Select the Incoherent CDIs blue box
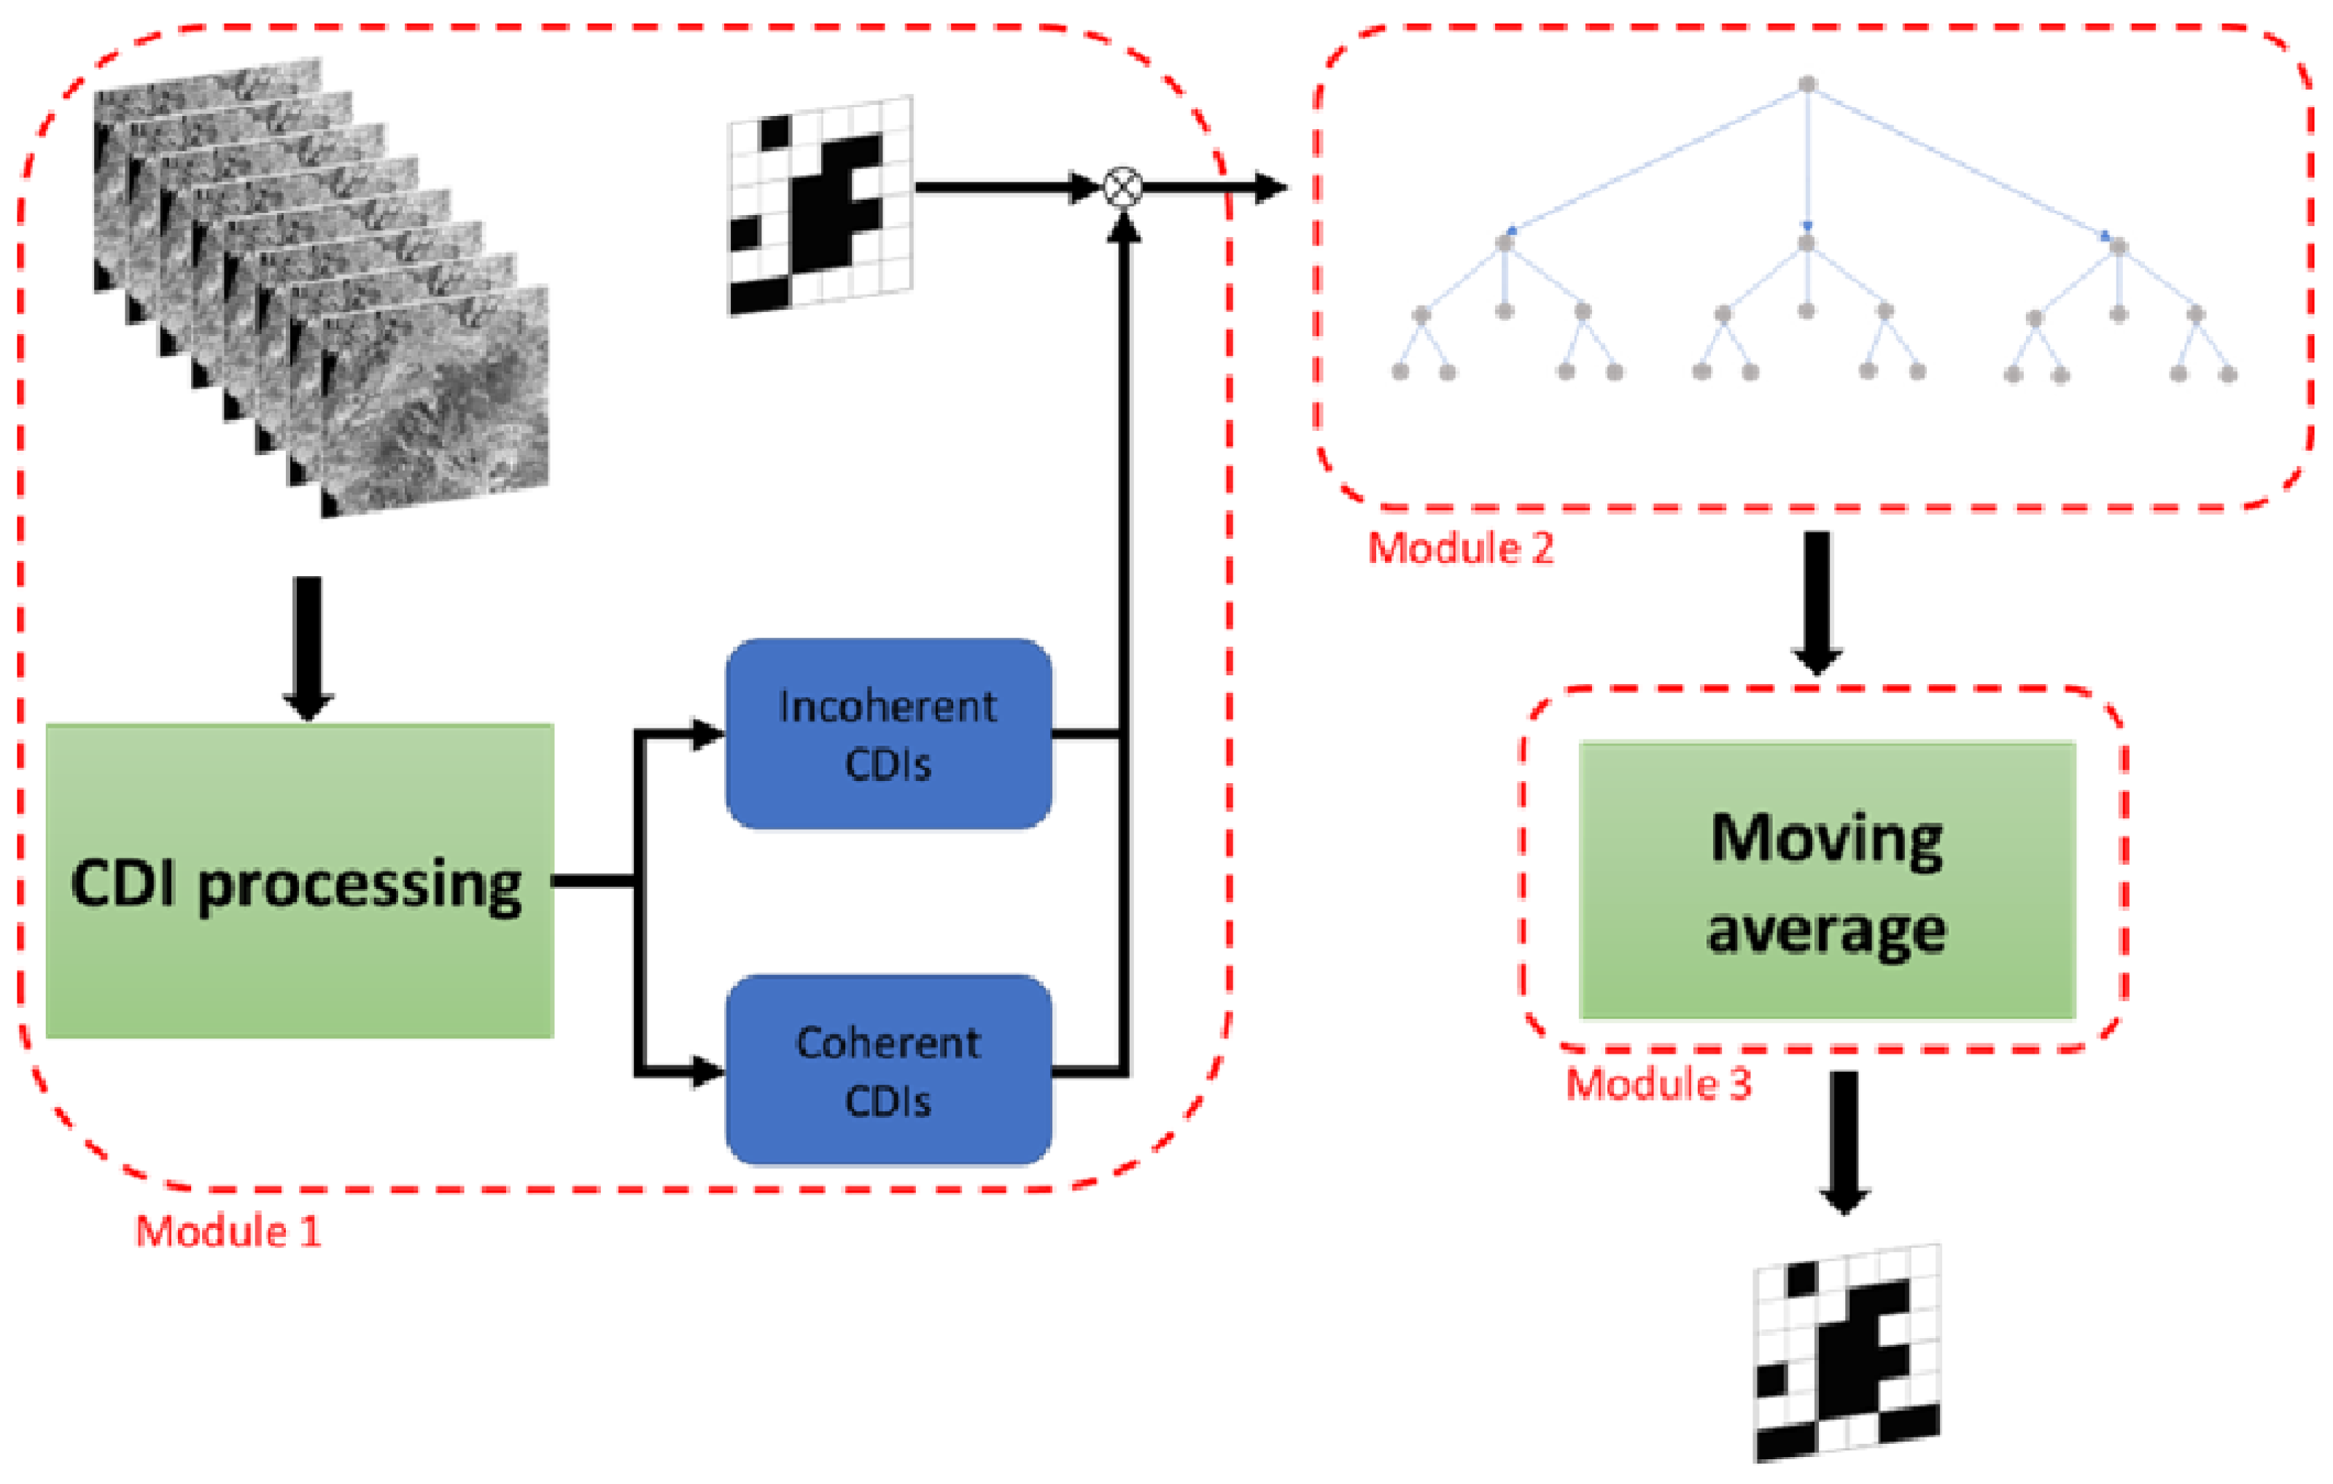point(888,734)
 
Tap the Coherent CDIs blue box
point(888,1071)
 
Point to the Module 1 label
point(228,1232)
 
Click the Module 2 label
point(1460,549)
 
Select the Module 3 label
point(1658,1084)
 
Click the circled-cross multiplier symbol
point(1123,187)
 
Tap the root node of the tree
point(1807,85)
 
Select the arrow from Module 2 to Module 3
point(1817,601)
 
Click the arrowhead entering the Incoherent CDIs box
point(708,734)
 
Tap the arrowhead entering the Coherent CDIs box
point(708,1071)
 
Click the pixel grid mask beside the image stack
point(820,206)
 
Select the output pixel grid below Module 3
point(1847,1353)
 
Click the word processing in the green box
point(360,885)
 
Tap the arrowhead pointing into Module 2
point(1271,187)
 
